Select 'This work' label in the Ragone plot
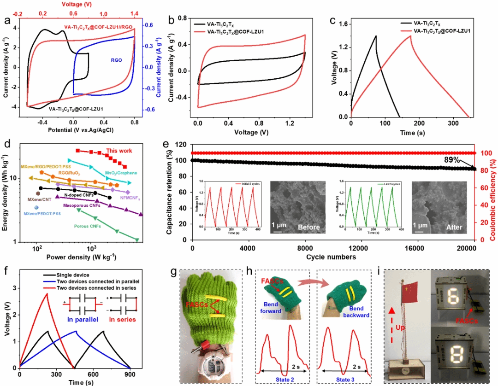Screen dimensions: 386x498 coord(119,151)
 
